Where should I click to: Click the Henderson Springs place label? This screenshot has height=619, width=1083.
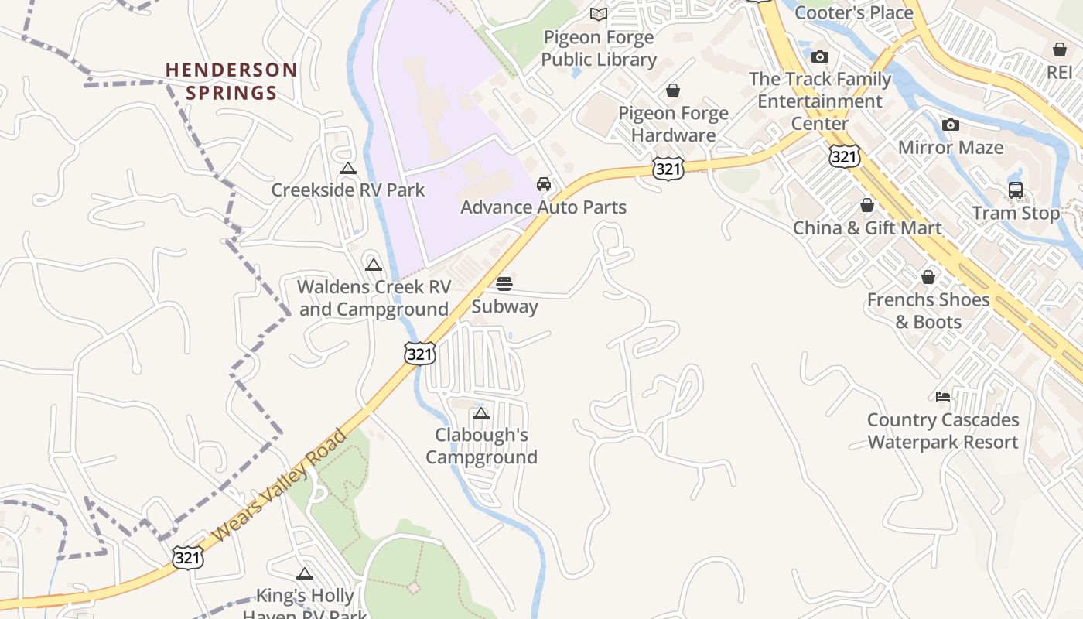231,81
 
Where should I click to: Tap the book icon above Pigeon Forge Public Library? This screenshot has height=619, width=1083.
599,14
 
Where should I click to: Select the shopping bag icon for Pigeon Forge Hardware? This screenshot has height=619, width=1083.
673,91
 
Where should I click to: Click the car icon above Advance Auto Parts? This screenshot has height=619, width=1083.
544,184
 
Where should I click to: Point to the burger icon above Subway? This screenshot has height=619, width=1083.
504,283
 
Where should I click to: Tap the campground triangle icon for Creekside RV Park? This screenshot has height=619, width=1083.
348,168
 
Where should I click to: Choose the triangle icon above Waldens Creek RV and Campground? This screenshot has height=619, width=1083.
374,265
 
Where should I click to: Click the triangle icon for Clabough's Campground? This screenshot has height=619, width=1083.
481,413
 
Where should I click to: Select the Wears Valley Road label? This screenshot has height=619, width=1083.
279,486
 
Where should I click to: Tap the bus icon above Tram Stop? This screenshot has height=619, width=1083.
1016,190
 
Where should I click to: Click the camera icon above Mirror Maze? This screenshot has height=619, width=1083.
951,125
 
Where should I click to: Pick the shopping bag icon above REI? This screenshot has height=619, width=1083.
1060,50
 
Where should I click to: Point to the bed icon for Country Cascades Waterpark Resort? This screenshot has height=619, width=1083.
943,397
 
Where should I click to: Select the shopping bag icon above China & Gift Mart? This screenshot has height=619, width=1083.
867,205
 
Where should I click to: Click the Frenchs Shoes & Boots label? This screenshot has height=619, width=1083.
928,310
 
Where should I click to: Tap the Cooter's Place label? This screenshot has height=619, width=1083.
854,12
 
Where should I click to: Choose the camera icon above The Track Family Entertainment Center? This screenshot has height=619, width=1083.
820,56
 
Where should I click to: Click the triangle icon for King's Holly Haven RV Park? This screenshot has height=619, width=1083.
305,573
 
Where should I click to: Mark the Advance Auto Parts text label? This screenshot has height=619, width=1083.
543,207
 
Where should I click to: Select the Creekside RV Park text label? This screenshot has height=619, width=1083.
348,190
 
